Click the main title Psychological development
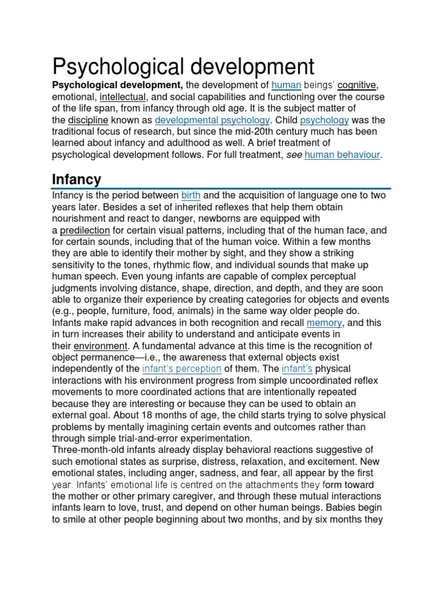[184, 67]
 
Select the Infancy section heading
[77, 179]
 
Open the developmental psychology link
[212, 120]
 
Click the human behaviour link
[342, 154]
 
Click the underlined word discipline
[88, 120]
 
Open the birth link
[191, 195]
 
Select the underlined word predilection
[85, 230]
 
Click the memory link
[324, 323]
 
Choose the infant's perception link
[181, 369]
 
